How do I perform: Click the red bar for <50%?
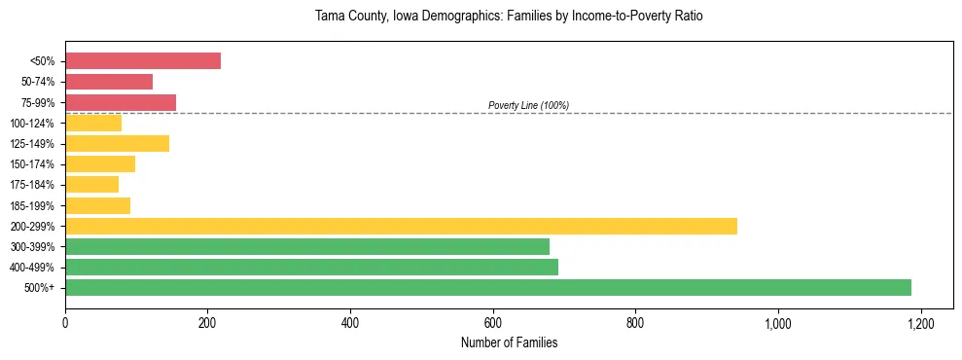click(143, 61)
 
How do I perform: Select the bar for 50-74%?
click(109, 82)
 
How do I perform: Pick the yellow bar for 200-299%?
click(401, 226)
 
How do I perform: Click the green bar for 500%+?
click(488, 287)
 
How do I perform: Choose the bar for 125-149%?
click(117, 144)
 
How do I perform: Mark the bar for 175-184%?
click(91, 185)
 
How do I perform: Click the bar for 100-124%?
click(93, 124)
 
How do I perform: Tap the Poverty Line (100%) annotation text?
click(528, 105)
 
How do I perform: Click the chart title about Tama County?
click(509, 17)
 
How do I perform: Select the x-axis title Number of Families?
click(509, 342)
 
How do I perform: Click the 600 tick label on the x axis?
click(493, 323)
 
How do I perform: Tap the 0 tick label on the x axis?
click(65, 323)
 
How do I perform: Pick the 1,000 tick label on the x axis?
click(778, 323)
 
